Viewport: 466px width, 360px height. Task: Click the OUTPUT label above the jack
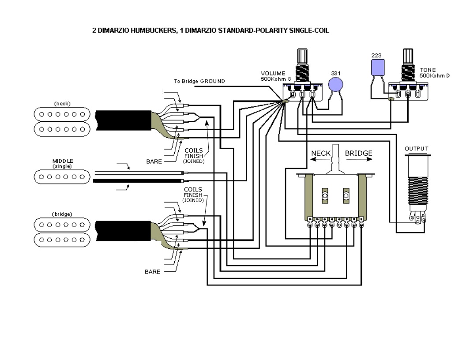tap(417, 149)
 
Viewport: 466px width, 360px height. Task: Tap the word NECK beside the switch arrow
tap(321, 154)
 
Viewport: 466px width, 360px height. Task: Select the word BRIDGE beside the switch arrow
tap(358, 154)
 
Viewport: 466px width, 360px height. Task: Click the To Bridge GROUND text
tap(199, 81)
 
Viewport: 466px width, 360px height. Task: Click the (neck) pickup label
tap(62, 104)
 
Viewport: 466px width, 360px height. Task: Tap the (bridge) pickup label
tap(62, 214)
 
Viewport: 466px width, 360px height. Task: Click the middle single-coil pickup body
tap(62, 177)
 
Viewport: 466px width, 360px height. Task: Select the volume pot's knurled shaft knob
tap(303, 56)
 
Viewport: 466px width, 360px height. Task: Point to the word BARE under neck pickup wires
tap(154, 161)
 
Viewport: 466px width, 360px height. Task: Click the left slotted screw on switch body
tap(325, 196)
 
